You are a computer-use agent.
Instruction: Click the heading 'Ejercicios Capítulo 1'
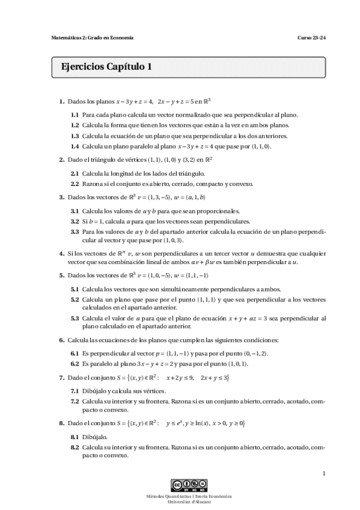click(102, 67)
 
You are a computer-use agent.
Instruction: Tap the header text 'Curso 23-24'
click(311, 38)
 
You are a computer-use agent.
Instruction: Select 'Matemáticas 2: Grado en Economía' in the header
click(92, 38)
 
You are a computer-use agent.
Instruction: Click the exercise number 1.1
click(75, 114)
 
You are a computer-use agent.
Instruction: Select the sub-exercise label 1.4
click(75, 146)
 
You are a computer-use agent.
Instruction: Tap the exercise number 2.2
click(75, 184)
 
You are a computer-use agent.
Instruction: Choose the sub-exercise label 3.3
click(75, 231)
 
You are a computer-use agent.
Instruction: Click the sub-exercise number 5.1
click(75, 289)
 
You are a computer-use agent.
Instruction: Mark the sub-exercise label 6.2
click(75, 364)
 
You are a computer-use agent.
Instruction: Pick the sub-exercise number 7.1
click(75, 390)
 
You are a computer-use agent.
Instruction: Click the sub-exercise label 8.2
click(75, 447)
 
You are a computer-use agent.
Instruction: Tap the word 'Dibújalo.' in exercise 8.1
click(95, 437)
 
